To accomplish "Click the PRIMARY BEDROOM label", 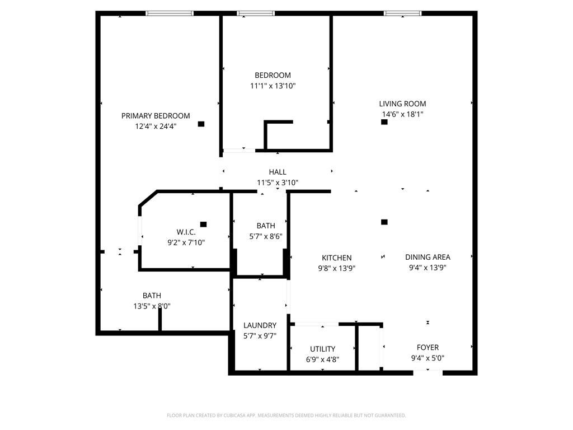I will (156, 116).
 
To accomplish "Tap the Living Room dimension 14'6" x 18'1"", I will (402, 114).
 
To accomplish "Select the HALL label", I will (278, 172).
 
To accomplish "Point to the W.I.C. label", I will (186, 232).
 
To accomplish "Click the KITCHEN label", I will (336, 258).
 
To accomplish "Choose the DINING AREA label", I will (428, 257).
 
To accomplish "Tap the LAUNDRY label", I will (260, 325).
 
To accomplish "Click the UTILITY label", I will (323, 349).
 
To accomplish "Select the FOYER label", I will (428, 347).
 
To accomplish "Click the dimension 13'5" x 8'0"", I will (152, 306).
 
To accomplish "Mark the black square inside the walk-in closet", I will (203, 225).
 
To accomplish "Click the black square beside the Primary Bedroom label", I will (201, 124).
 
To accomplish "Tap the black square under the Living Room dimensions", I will (384, 122).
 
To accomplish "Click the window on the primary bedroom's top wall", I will (170, 13).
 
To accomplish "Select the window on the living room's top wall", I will (402, 13).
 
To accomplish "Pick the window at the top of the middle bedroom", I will (256, 13).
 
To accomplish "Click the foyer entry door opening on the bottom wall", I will (428, 371).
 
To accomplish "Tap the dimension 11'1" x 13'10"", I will (273, 86).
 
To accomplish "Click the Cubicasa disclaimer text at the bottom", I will (286, 415).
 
